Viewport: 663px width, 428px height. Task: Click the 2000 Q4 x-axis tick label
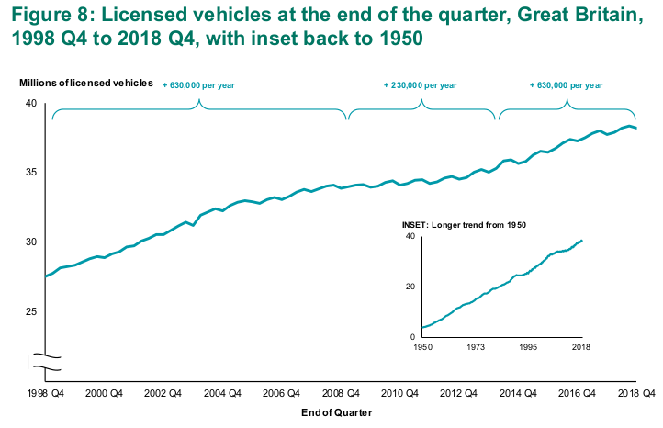[x=104, y=392]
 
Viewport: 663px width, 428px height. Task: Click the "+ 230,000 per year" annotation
[x=421, y=84]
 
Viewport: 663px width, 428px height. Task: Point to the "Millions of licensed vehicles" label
[x=86, y=84]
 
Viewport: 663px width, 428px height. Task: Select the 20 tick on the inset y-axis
[x=411, y=287]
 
